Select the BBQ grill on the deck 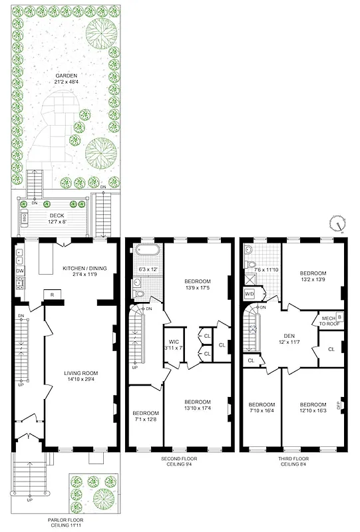tap(25, 217)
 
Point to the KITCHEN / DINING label tap(85, 269)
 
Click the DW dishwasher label tap(19, 272)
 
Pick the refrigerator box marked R tap(53, 294)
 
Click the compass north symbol tap(339, 224)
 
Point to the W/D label tap(250, 293)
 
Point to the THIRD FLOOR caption tap(295, 459)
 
